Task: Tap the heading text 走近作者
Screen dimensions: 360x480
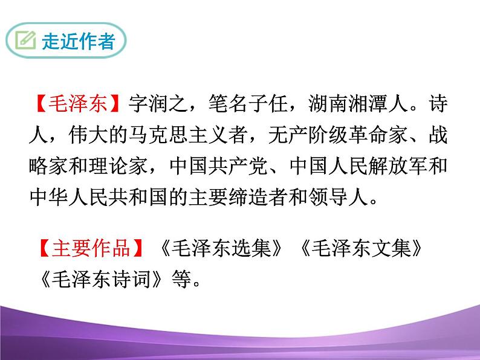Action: point(77,42)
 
